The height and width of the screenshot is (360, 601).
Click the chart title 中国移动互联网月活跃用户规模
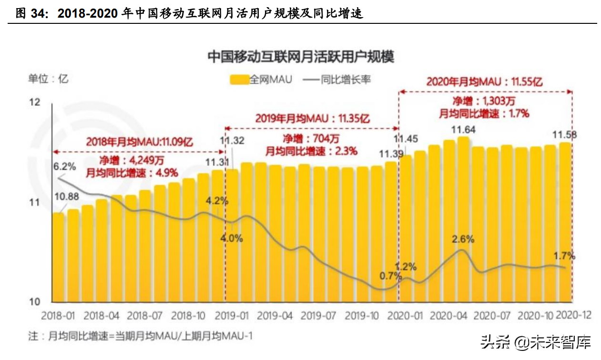[301, 57]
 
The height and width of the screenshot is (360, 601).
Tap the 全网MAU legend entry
[261, 79]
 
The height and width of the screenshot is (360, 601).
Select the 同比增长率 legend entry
[336, 79]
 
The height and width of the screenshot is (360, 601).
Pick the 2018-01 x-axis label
[58, 316]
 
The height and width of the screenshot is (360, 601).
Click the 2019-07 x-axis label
[319, 316]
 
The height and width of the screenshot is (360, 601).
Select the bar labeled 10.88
[58, 257]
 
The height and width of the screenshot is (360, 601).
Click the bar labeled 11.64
[463, 219]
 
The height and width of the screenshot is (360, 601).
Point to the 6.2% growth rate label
[64, 166]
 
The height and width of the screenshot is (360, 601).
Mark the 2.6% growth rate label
[463, 239]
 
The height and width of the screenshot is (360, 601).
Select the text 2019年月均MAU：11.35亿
[313, 118]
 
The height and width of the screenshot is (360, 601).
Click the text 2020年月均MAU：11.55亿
[484, 81]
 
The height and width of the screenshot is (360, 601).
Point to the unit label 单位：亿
[48, 79]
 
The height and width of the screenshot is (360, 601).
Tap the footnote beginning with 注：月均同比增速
[141, 336]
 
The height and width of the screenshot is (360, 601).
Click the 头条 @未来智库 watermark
[535, 341]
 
